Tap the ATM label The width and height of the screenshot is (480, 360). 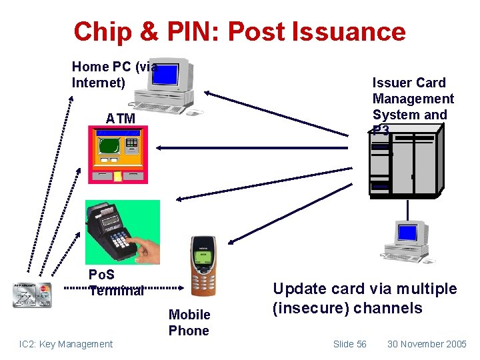tap(120, 119)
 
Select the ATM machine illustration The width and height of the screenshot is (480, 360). tap(118, 155)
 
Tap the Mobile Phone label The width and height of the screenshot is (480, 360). tap(189, 323)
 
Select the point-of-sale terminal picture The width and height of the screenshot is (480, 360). tap(122, 230)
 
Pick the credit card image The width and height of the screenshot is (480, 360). tap(31, 294)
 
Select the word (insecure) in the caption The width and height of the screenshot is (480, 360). tap(311, 308)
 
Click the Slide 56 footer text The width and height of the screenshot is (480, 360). tap(349, 344)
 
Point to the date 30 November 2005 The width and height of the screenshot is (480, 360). tap(427, 344)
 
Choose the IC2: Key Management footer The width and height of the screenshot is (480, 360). tap(66, 344)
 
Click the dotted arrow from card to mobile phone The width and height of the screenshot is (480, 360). tap(127, 289)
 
